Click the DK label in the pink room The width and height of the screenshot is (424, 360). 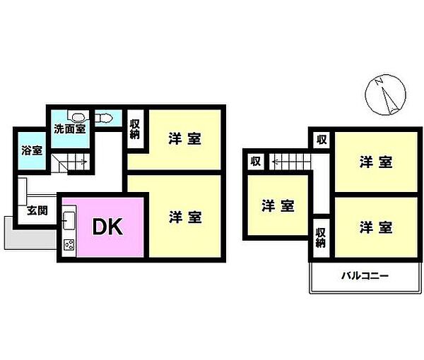tap(107, 227)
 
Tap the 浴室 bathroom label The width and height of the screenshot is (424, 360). tap(32, 150)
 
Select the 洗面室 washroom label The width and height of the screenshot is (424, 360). tap(70, 128)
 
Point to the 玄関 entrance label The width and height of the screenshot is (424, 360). tap(37, 210)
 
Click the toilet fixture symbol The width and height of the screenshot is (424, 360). tap(103, 118)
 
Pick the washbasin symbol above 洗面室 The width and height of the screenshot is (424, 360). tap(78, 117)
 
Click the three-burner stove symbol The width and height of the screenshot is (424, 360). tap(69, 245)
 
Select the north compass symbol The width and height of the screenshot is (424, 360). tap(385, 95)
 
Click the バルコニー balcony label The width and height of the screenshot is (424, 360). tap(365, 276)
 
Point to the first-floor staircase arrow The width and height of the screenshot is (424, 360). tap(84, 162)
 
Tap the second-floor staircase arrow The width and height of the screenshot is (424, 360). tap(276, 162)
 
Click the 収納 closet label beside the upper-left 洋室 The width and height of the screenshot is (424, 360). tap(135, 129)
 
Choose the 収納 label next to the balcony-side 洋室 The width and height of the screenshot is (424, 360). tap(321, 238)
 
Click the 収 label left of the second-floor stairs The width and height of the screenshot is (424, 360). tap(256, 161)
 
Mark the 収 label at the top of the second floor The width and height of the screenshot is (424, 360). tap(322, 140)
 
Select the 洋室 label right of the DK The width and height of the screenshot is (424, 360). tap(185, 217)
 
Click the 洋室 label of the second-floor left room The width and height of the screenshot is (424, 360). tap(278, 206)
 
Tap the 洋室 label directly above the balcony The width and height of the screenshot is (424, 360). tap(376, 227)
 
